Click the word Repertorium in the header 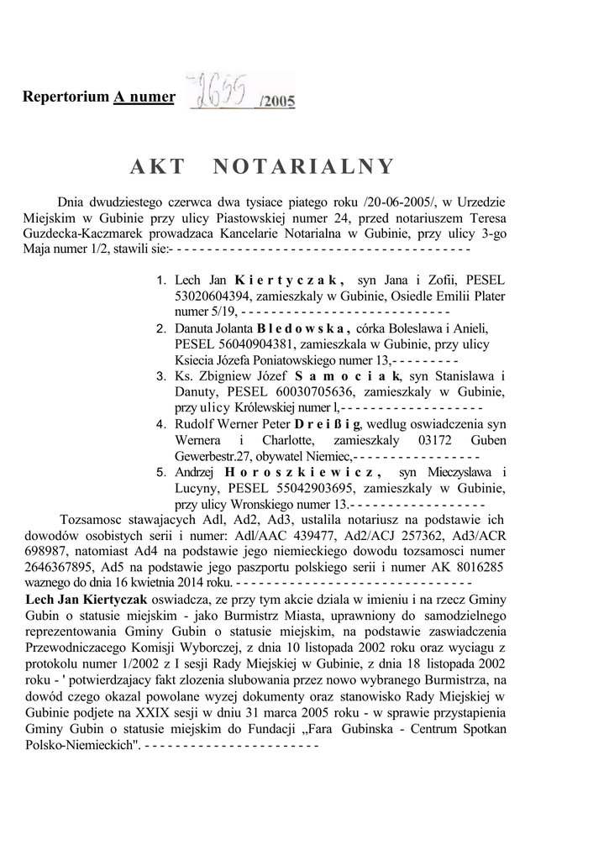[66, 97]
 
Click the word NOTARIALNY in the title [304, 166]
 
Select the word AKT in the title [157, 166]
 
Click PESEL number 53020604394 [213, 296]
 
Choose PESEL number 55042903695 [316, 489]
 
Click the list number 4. [161, 425]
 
